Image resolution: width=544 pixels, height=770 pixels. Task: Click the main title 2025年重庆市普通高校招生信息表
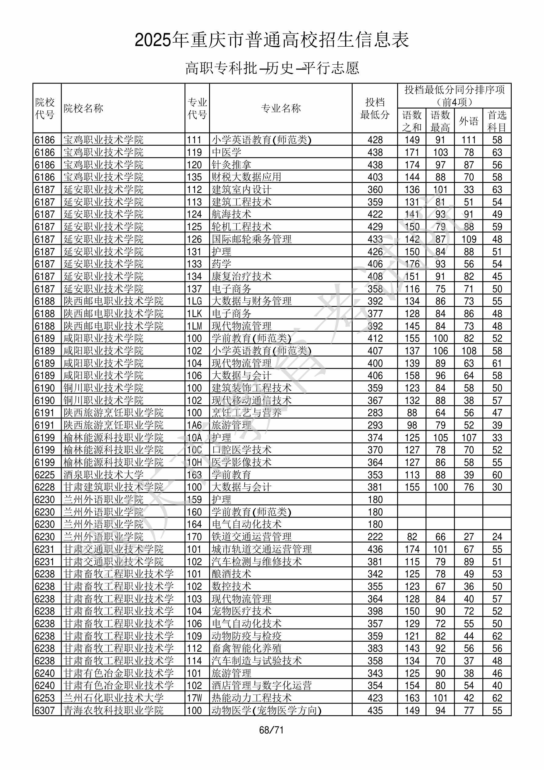pyautogui.click(x=272, y=40)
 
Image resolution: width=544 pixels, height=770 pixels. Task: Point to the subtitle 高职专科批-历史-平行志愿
pyautogui.click(x=272, y=68)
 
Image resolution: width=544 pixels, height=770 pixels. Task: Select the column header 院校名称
pyautogui.click(x=84, y=108)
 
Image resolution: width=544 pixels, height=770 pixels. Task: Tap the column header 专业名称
pyautogui.click(x=281, y=108)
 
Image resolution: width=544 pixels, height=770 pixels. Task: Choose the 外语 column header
pyautogui.click(x=468, y=121)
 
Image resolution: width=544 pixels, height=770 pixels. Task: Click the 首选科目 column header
pyautogui.click(x=497, y=121)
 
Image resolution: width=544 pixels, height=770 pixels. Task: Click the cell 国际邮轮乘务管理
pyautogui.click(x=251, y=239)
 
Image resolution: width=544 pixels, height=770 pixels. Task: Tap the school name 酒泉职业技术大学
pyautogui.click(x=103, y=475)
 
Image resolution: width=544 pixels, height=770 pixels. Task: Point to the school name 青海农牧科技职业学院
pyautogui.click(x=113, y=710)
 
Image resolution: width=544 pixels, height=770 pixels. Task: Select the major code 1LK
pyautogui.click(x=194, y=314)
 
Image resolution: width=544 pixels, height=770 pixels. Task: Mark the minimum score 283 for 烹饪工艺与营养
pyautogui.click(x=375, y=412)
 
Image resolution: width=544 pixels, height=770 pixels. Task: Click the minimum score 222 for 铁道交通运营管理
pyautogui.click(x=375, y=537)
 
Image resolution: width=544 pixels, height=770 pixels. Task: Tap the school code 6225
pyautogui.click(x=44, y=475)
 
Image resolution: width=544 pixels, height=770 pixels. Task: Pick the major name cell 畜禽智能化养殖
pyautogui.click(x=247, y=648)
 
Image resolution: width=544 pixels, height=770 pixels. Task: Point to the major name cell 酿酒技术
pyautogui.click(x=231, y=574)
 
